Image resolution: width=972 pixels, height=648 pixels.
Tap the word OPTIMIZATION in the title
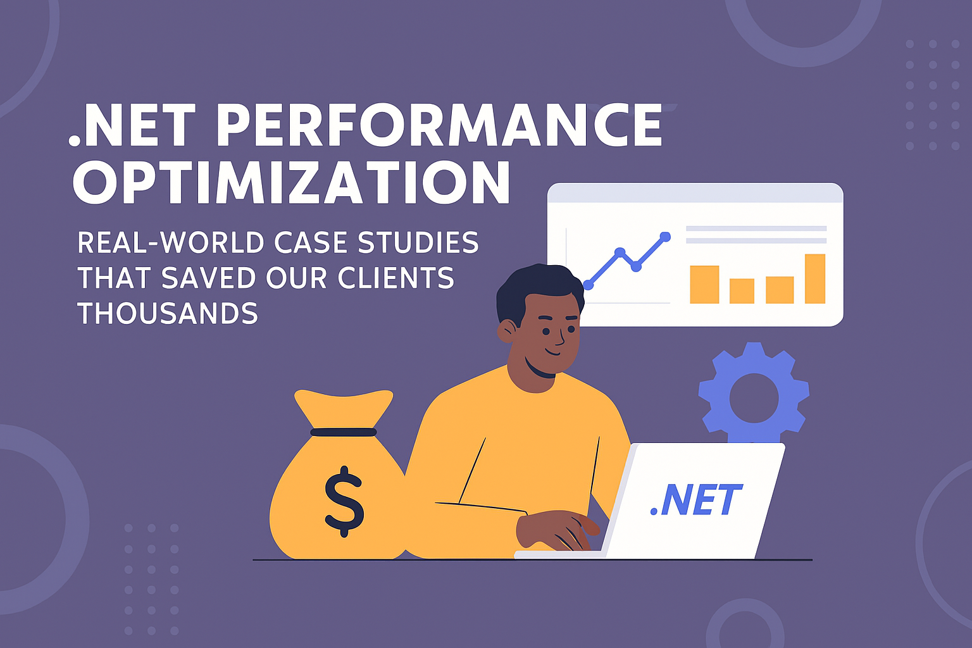[x=291, y=182]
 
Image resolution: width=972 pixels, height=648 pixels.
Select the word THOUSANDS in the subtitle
[x=168, y=313]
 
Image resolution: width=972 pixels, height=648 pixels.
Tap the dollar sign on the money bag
[x=344, y=501]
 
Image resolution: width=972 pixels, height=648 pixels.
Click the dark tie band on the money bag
[x=344, y=432]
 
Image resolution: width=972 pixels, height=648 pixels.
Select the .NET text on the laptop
[x=695, y=501]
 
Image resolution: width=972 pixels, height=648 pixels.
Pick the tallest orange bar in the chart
[x=815, y=278]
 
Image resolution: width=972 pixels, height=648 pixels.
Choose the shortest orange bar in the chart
[x=742, y=291]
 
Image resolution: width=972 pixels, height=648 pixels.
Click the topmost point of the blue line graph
[x=665, y=237]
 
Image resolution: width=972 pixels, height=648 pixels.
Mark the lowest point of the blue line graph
[x=589, y=285]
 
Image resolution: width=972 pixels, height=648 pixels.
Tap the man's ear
[x=507, y=330]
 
